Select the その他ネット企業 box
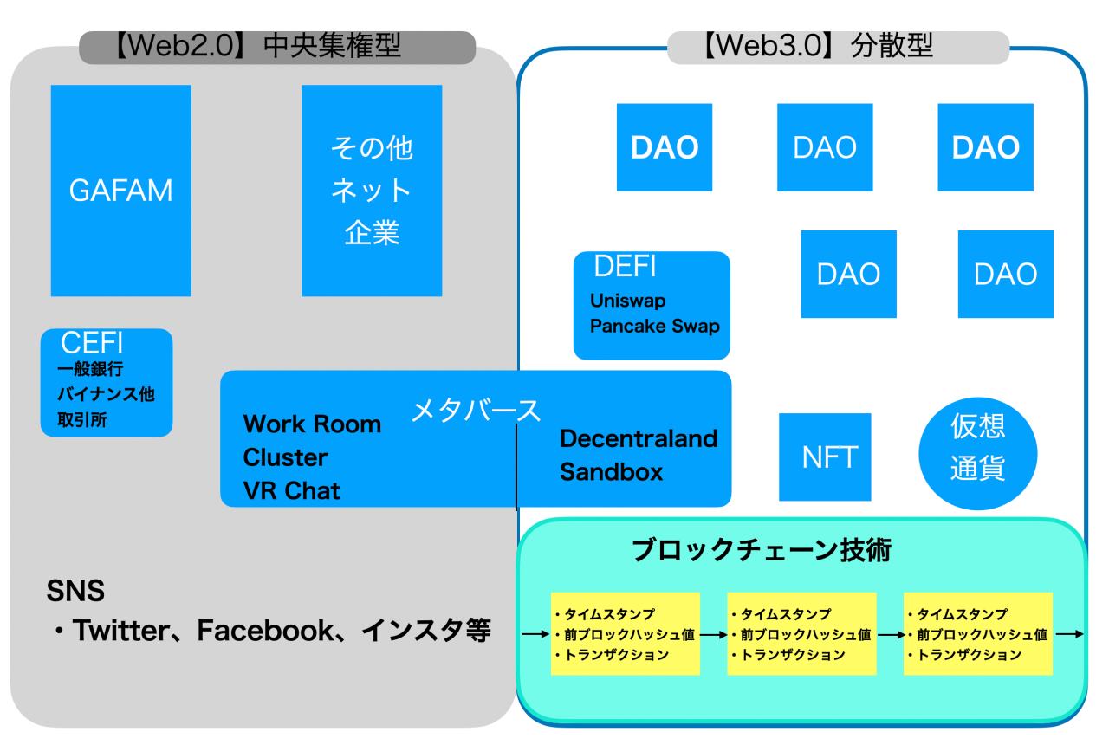pos(372,191)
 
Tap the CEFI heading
pos(86,342)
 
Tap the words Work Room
pos(311,424)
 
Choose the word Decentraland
pos(639,438)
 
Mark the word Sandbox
pos(611,472)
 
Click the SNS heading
pos(75,593)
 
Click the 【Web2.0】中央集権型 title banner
pos(277,47)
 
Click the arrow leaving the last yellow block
pos(1070,634)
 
